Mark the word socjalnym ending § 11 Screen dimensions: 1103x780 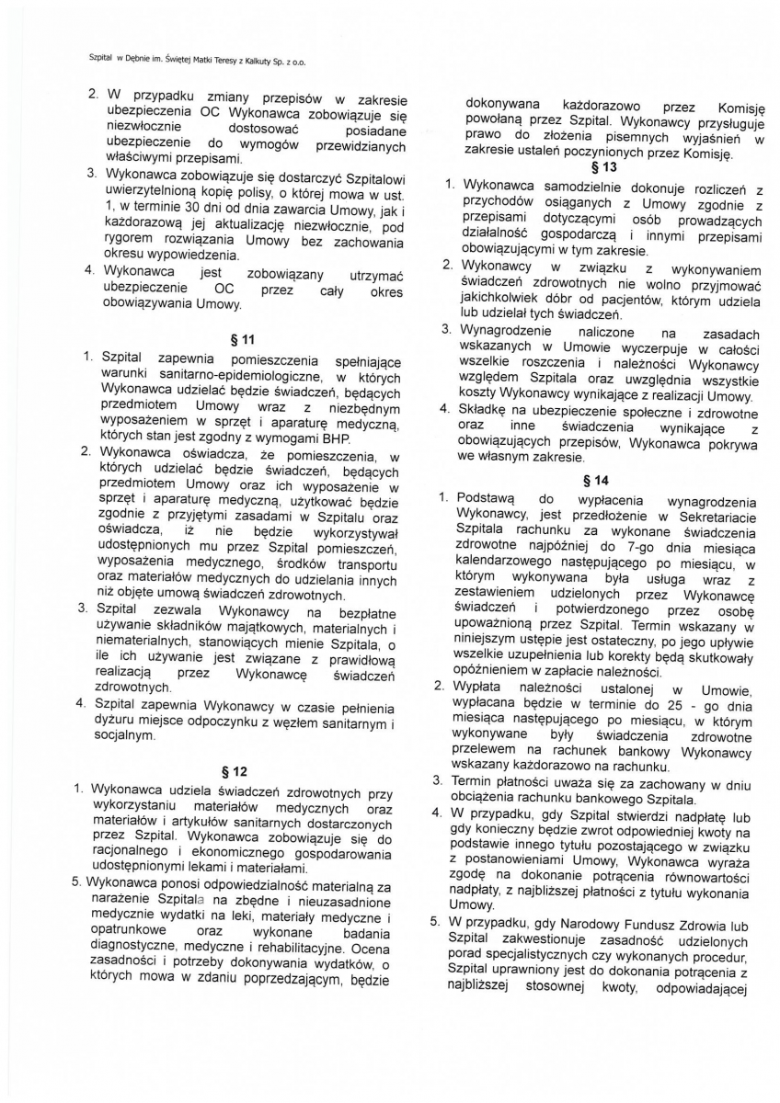click(x=129, y=736)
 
